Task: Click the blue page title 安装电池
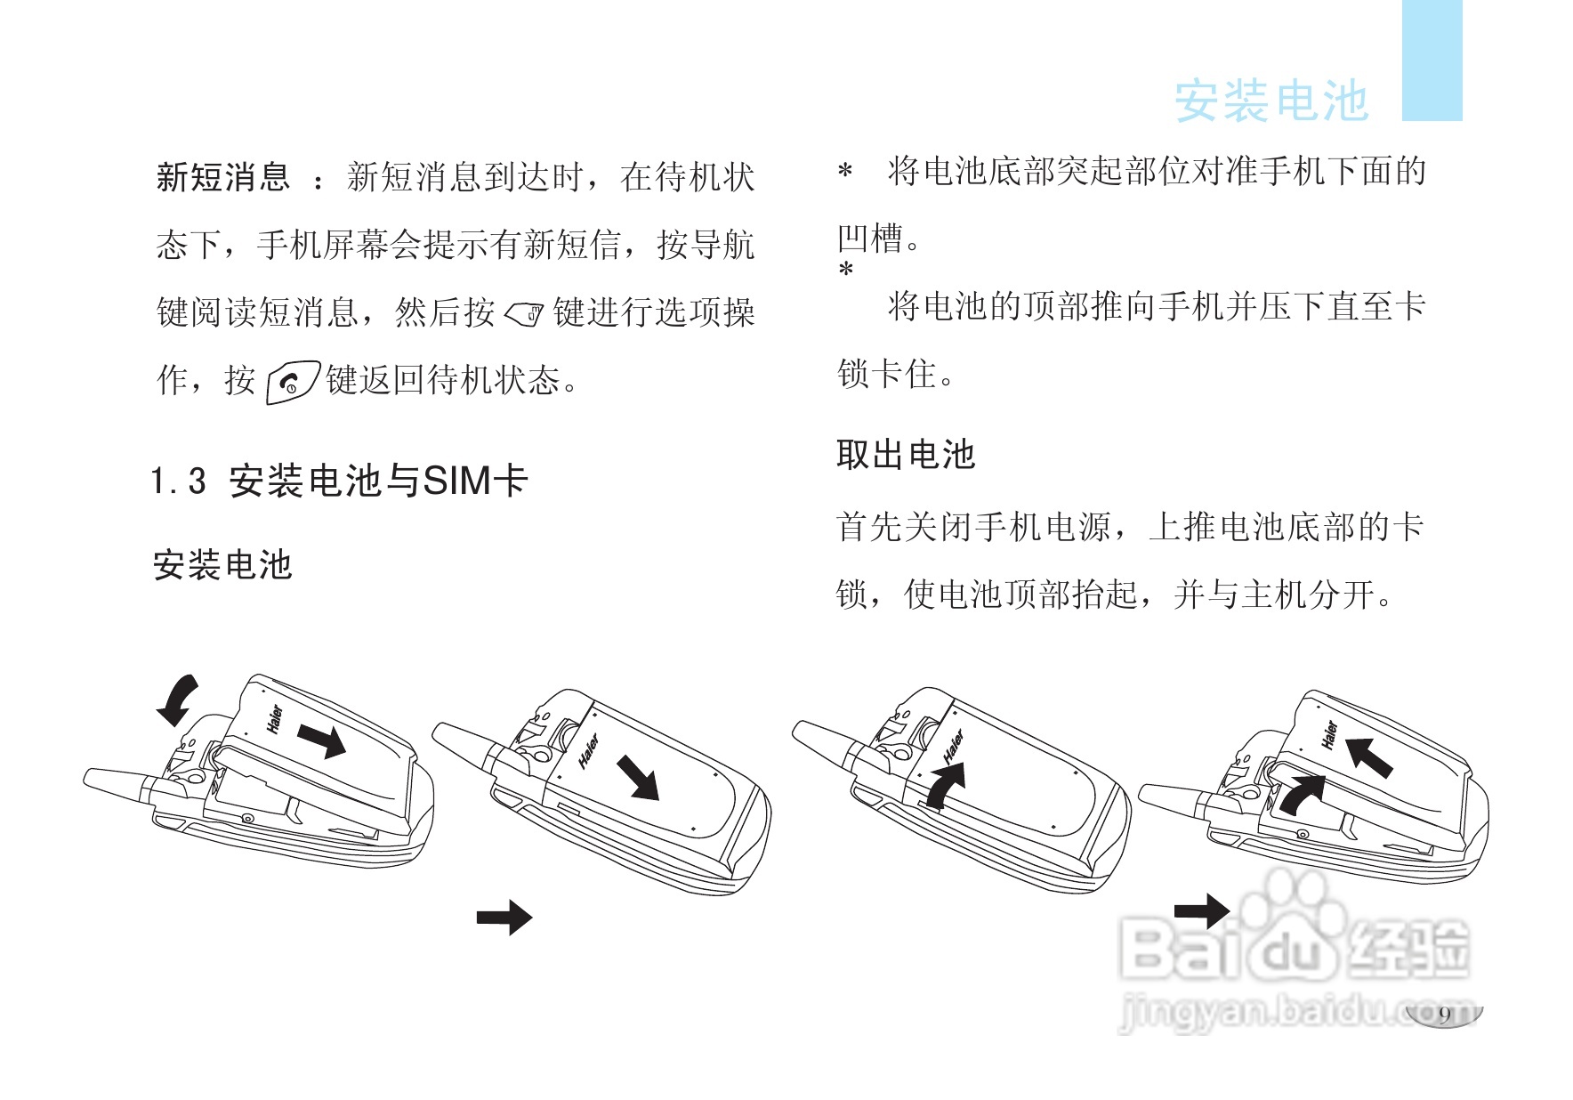pyautogui.click(x=1270, y=101)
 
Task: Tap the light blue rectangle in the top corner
pyautogui.click(x=1432, y=60)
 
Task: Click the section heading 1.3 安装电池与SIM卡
pyautogui.click(x=340, y=481)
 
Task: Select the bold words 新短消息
pyautogui.click(x=223, y=176)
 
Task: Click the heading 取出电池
pyautogui.click(x=906, y=454)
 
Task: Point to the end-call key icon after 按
pyautogui.click(x=292, y=383)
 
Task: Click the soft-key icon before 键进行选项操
pyautogui.click(x=524, y=314)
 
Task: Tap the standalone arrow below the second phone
pyautogui.click(x=504, y=918)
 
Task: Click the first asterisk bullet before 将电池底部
pyautogui.click(x=845, y=171)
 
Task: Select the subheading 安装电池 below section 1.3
pyautogui.click(x=222, y=565)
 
